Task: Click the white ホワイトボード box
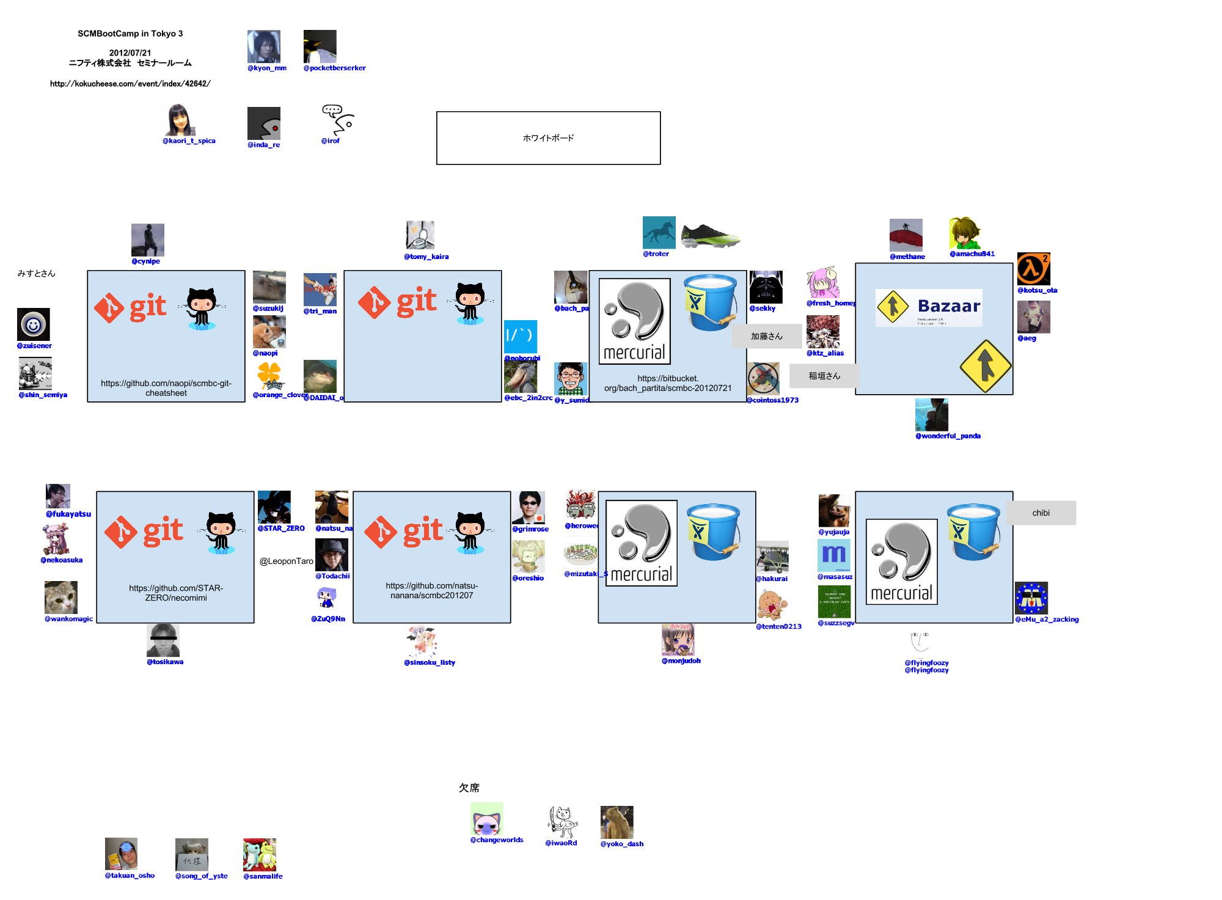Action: [x=548, y=138]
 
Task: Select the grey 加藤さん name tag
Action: [x=766, y=336]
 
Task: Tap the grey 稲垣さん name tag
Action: [x=824, y=376]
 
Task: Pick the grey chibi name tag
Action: [x=1041, y=513]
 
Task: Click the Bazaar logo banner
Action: [x=929, y=307]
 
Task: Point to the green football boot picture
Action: [x=710, y=236]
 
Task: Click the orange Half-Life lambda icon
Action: [x=1033, y=268]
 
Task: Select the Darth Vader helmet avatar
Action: [x=766, y=287]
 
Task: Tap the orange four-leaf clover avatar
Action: [x=269, y=373]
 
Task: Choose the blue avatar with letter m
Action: [x=834, y=555]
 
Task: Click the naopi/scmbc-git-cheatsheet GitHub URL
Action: [x=166, y=388]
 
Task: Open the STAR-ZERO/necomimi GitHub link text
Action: [x=176, y=593]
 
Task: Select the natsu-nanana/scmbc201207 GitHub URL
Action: [x=432, y=590]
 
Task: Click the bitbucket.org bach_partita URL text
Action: [x=668, y=383]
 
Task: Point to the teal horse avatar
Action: [x=659, y=233]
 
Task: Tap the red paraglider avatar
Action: [x=906, y=235]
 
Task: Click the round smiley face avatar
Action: [x=34, y=324]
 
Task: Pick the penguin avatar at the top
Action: [x=320, y=46]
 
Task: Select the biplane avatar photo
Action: [x=772, y=557]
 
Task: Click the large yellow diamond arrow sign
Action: [x=985, y=365]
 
